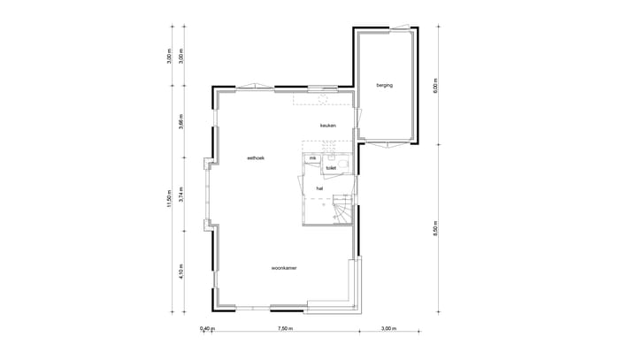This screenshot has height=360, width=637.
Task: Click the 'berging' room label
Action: (384, 85)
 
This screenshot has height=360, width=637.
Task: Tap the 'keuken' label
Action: (328, 126)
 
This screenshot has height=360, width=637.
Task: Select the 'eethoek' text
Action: (256, 157)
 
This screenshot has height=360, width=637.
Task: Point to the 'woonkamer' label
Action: (284, 266)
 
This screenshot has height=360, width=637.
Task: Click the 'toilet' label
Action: (331, 166)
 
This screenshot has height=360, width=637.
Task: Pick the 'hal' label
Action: (319, 188)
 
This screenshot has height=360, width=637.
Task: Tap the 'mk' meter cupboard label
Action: (312, 158)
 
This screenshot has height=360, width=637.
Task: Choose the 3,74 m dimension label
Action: (180, 195)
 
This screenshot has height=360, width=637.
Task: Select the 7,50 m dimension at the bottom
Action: (285, 328)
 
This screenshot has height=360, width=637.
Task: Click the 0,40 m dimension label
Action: (206, 328)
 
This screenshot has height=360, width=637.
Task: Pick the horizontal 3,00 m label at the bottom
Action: (388, 328)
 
